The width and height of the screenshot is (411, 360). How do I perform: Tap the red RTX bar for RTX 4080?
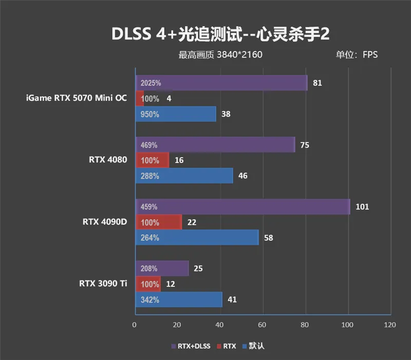click(152, 160)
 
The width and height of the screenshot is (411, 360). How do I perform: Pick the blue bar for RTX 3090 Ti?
click(178, 299)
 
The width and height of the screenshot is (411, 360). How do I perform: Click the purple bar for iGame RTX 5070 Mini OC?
click(221, 83)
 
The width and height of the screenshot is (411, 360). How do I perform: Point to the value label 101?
click(362, 207)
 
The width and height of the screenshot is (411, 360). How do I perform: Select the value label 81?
click(317, 83)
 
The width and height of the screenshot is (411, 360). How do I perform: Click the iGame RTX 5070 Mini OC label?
click(76, 98)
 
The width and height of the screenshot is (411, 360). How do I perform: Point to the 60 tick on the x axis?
click(263, 325)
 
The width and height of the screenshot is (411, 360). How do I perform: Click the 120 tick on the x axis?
click(390, 325)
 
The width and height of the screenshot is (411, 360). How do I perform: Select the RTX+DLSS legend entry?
click(193, 346)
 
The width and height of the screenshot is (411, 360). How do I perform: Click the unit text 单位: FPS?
click(357, 55)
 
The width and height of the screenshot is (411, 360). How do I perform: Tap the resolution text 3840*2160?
click(239, 55)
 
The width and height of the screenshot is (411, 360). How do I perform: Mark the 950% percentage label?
click(150, 114)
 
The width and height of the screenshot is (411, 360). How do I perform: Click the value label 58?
click(268, 238)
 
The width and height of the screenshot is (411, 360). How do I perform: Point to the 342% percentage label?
click(150, 299)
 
